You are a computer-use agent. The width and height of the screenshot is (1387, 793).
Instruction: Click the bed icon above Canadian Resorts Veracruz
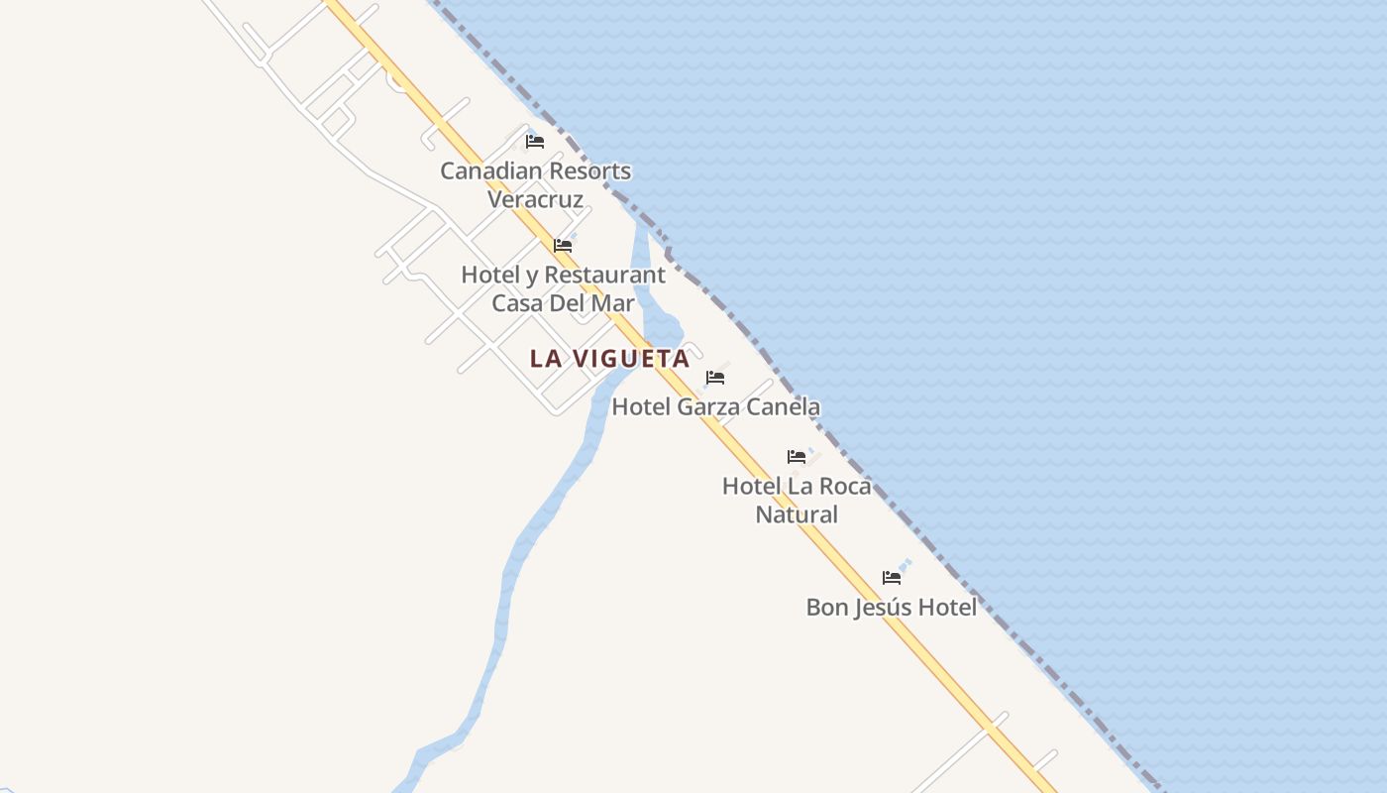pyautogui.click(x=535, y=142)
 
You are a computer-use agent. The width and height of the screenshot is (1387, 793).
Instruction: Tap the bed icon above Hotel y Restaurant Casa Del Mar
pyautogui.click(x=563, y=246)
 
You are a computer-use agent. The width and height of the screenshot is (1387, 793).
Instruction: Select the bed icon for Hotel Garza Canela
pyautogui.click(x=714, y=378)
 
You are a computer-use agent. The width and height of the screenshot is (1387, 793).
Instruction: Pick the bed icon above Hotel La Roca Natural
pyautogui.click(x=797, y=457)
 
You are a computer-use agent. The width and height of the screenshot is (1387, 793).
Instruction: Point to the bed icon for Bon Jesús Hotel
pyautogui.click(x=892, y=578)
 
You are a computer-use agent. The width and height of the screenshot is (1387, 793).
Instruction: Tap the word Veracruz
pyautogui.click(x=535, y=199)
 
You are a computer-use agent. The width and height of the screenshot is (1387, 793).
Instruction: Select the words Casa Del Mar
pyautogui.click(x=563, y=303)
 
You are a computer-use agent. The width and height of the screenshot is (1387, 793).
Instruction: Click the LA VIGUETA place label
pyautogui.click(x=609, y=359)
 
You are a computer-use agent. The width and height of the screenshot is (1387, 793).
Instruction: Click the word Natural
pyautogui.click(x=797, y=514)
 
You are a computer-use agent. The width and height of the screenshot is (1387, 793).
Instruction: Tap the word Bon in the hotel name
pyautogui.click(x=826, y=607)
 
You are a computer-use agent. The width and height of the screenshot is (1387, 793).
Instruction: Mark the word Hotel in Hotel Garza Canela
pyautogui.click(x=641, y=406)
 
